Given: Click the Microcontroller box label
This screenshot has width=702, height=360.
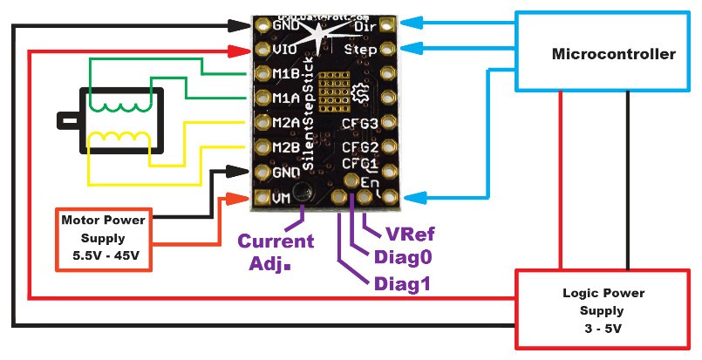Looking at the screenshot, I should coord(614,55).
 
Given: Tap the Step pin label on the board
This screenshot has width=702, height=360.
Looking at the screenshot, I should coord(359,50).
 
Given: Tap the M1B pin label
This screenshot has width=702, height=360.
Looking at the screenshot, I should coord(287,76).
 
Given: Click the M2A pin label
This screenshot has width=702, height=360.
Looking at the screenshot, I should coord(287,124).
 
